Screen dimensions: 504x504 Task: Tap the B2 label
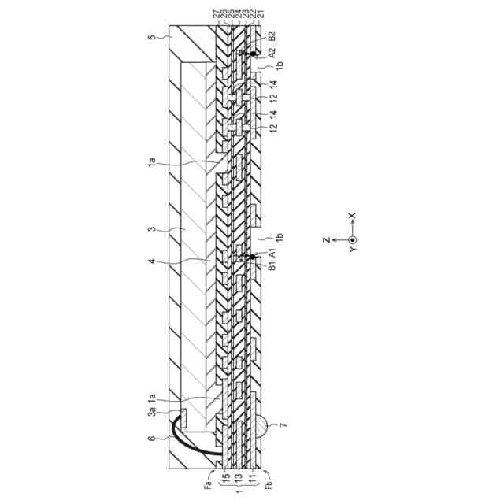point(272,36)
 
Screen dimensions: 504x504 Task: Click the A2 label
point(272,54)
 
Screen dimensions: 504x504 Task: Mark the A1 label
point(272,255)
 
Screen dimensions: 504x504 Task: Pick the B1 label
point(272,267)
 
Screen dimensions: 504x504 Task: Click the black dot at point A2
point(254,54)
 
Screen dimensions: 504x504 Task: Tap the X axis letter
point(352,215)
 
